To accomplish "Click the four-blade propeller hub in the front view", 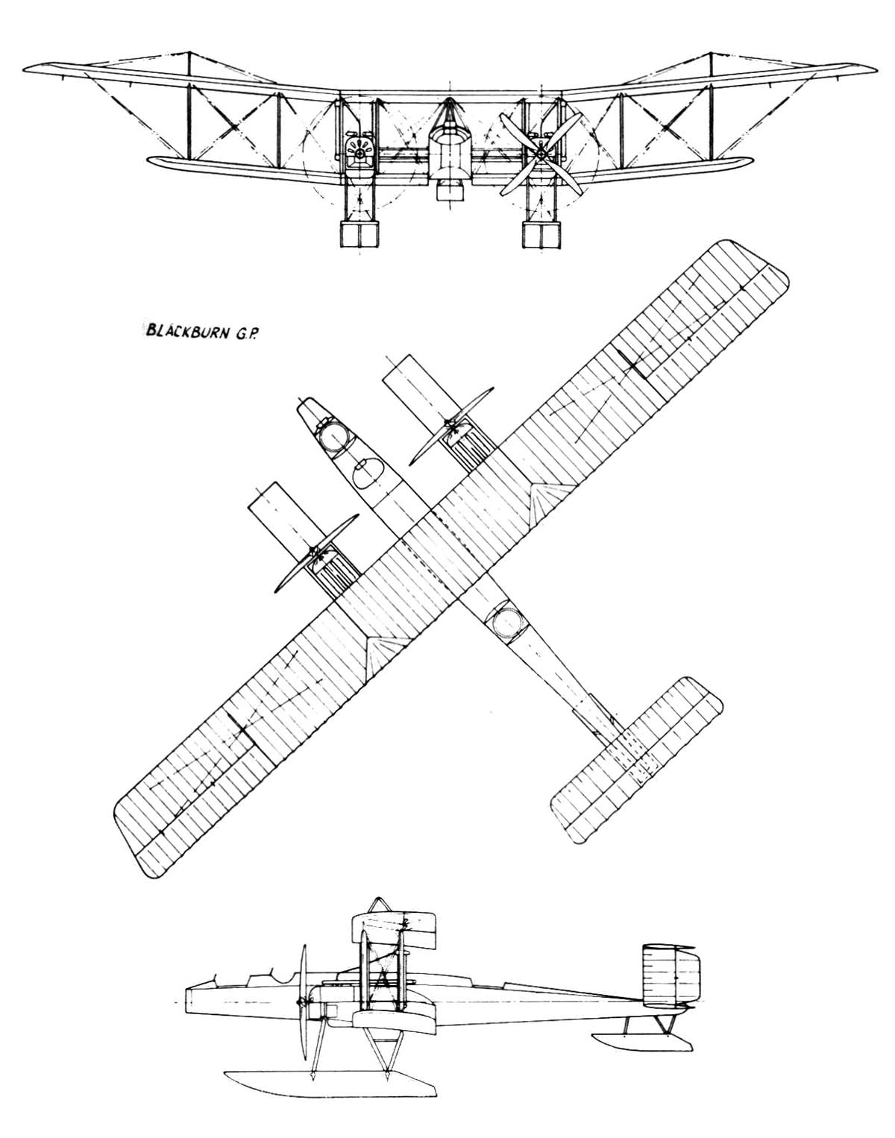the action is click(x=542, y=154).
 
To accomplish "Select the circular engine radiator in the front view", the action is click(x=359, y=153).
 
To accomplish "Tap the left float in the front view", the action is click(x=359, y=234).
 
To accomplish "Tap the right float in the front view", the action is click(x=542, y=234).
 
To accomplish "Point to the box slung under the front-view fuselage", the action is click(x=450, y=190).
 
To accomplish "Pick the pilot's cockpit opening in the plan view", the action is click(x=368, y=474).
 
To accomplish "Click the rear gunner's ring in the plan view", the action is click(x=506, y=622).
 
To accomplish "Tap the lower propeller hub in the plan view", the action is click(x=315, y=553).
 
